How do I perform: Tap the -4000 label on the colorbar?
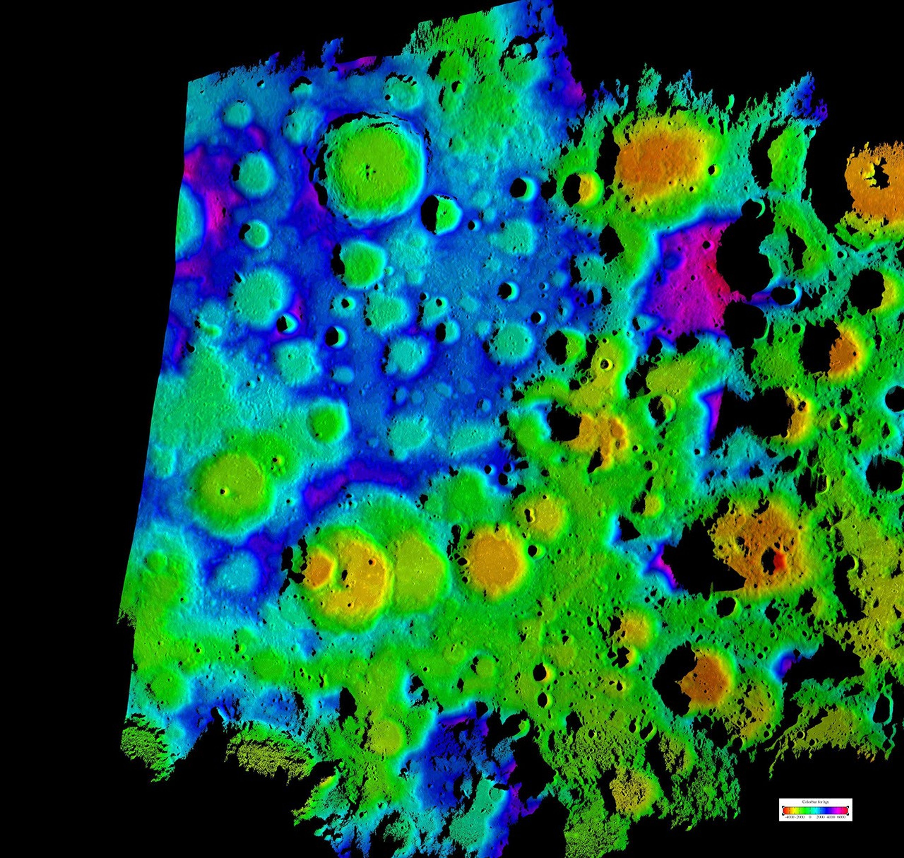[x=790, y=817]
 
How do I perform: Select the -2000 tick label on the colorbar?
[x=800, y=817]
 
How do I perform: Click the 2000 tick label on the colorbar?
[x=821, y=817]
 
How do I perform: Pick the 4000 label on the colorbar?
[x=831, y=817]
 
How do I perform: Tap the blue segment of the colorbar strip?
[x=827, y=811]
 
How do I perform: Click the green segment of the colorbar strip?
[x=805, y=811]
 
